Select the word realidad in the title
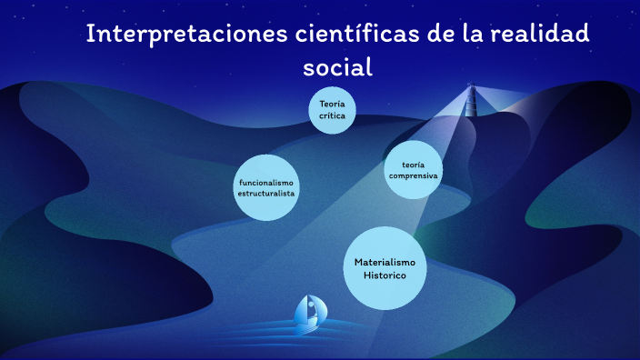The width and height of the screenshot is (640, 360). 542,35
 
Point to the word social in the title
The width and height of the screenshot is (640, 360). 338,68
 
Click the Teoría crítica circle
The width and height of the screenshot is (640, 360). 332,111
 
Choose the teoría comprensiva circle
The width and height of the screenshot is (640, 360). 414,170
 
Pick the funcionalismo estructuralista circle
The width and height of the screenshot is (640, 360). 266,187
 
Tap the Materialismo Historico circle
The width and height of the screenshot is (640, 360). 385,267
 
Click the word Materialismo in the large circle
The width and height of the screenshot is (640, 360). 385,262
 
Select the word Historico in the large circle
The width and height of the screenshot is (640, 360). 385,275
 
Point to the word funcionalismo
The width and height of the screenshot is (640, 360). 266,183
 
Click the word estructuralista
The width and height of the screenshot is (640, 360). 266,194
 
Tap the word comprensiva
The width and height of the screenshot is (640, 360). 414,175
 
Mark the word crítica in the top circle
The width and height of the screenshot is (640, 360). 332,116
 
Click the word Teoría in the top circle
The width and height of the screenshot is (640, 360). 332,105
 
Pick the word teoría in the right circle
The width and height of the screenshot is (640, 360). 415,164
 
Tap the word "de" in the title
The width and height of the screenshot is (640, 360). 450,35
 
